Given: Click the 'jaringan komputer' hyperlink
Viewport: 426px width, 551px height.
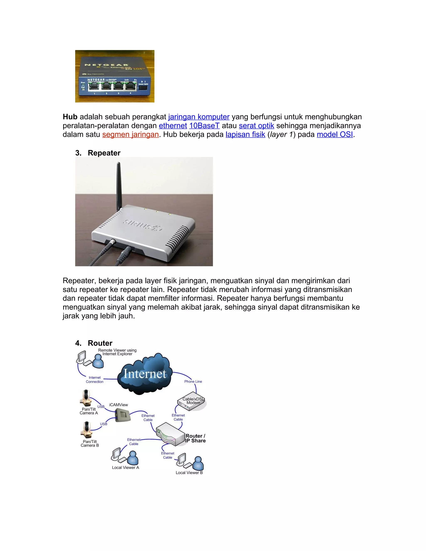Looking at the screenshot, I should click(x=199, y=117).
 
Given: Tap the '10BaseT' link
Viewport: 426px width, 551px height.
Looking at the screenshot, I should click(x=204, y=126).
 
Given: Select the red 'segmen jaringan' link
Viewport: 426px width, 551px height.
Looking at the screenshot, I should click(x=130, y=135).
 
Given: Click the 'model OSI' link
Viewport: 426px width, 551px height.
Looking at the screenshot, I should click(x=335, y=135).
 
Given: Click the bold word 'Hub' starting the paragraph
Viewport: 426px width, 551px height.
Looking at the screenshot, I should click(x=70, y=117).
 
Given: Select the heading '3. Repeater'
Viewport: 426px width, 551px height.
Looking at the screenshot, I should click(x=98, y=153).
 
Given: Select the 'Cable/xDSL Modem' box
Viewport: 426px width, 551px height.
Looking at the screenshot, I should click(x=192, y=401).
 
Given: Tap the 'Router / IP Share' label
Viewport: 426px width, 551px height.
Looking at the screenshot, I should click(x=195, y=439).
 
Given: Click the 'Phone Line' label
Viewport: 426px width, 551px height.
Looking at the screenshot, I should click(x=193, y=382).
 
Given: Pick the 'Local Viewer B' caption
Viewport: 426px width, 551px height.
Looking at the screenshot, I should click(x=189, y=473).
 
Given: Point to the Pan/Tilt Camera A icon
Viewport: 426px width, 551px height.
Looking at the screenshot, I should click(x=86, y=398).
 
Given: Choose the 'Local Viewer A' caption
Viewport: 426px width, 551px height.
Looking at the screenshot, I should click(x=125, y=467).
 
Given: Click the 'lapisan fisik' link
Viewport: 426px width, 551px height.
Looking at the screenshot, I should click(x=245, y=135).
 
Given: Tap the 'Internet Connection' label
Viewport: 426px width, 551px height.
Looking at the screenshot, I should click(x=95, y=380).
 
